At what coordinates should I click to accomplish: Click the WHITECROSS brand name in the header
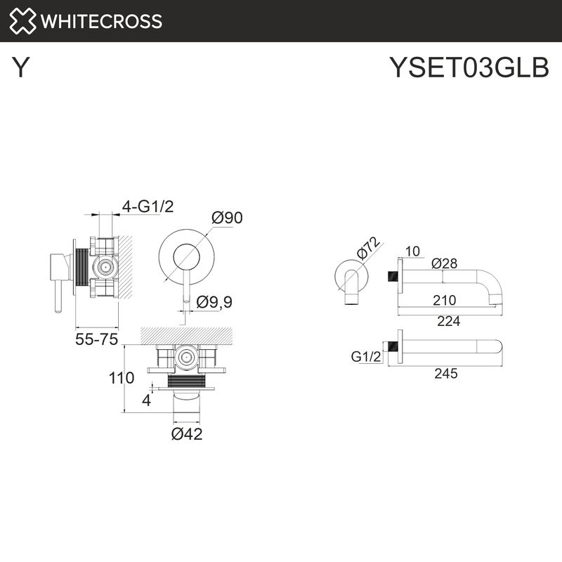click(102, 21)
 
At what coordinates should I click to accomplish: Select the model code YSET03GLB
click(469, 68)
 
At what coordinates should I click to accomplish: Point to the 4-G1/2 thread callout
click(148, 206)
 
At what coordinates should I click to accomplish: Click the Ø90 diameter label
click(226, 218)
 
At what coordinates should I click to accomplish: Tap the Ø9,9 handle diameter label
click(214, 302)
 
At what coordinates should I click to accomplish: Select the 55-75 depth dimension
click(97, 340)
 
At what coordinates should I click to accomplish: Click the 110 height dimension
click(121, 378)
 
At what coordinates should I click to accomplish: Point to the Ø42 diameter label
click(187, 434)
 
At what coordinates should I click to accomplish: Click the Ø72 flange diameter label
click(367, 249)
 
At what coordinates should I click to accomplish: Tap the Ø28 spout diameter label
click(445, 263)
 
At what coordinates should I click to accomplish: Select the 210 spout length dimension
click(444, 301)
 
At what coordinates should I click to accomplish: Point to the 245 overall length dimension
click(445, 373)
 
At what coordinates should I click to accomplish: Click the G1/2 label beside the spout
click(365, 357)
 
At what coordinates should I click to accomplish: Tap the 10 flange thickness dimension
click(412, 251)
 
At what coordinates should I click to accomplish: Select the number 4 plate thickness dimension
click(145, 401)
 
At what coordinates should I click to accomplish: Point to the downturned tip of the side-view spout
click(497, 301)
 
